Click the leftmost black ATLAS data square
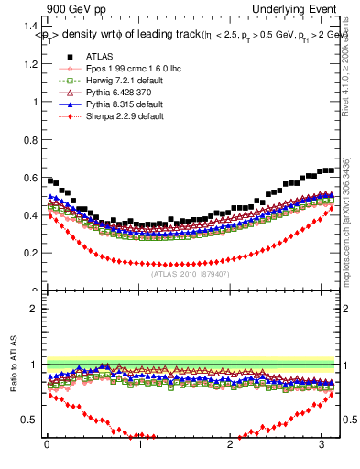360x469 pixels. (50, 180)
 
